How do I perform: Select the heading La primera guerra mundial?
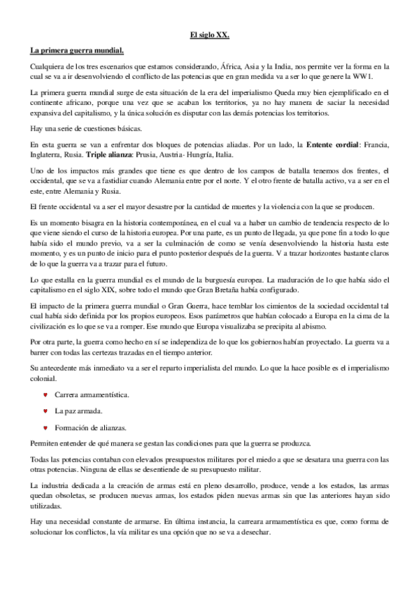coord(77,50)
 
